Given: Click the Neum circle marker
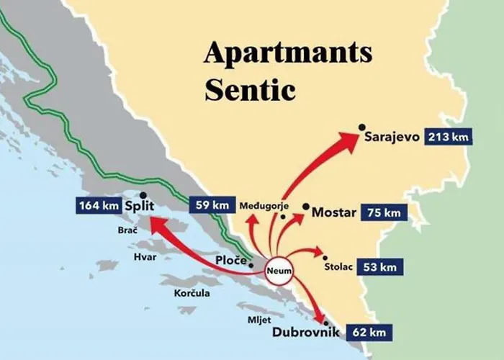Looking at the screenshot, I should pyautogui.click(x=277, y=270).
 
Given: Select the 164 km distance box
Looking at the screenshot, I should pyautogui.click(x=97, y=206).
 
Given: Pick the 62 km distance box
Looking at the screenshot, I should pyautogui.click(x=372, y=333).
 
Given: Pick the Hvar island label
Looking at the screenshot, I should pyautogui.click(x=144, y=256).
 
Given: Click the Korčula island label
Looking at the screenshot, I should pyautogui.click(x=192, y=293).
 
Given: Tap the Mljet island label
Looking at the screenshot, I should pyautogui.click(x=258, y=318).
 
